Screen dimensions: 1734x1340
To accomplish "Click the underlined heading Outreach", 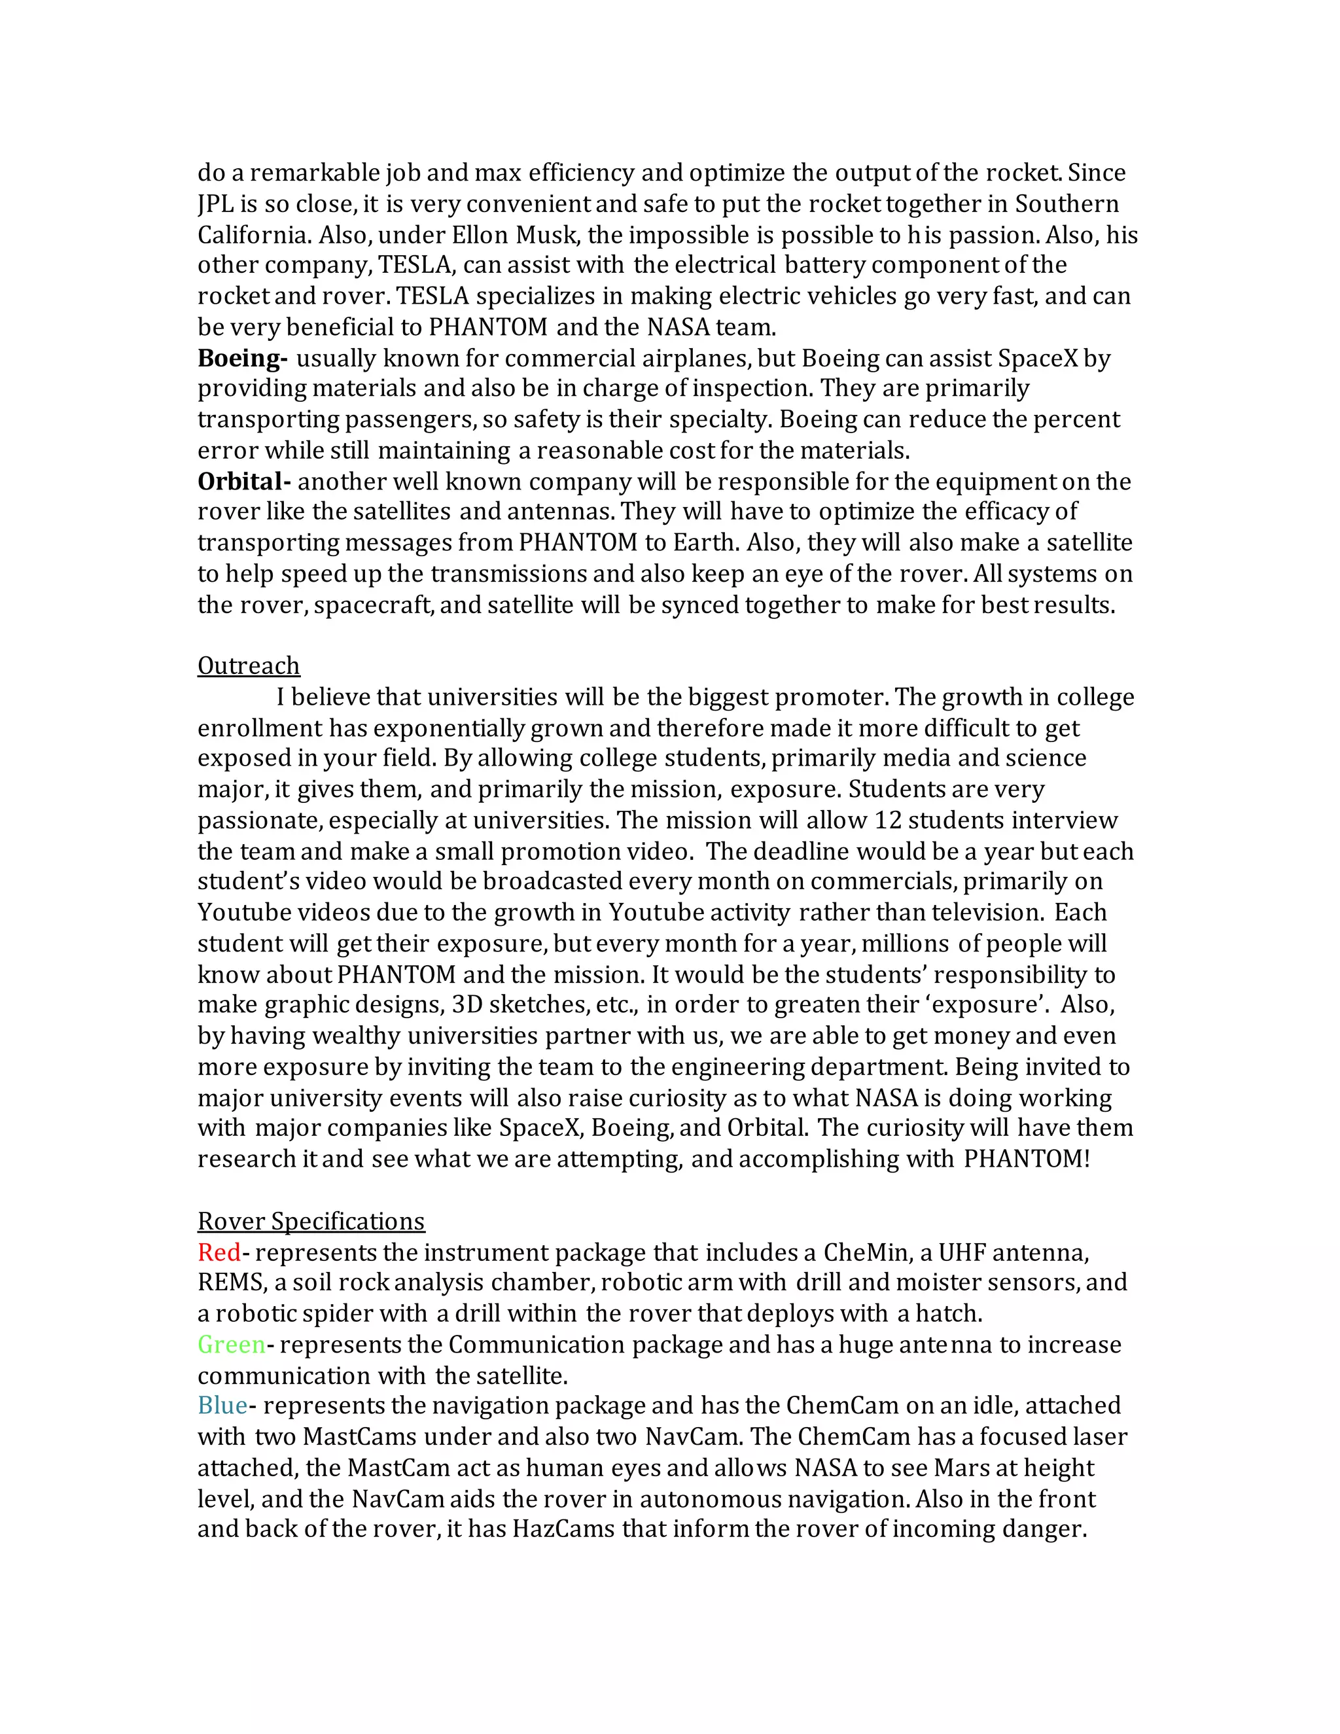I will click(249, 665).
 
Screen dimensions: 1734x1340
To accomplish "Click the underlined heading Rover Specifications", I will click(311, 1220).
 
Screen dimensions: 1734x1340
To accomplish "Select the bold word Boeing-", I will click(242, 358).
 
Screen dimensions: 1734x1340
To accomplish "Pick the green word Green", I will click(231, 1344).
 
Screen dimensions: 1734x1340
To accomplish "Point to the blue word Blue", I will click(222, 1406).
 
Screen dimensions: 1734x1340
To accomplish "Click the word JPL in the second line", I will click(215, 204).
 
